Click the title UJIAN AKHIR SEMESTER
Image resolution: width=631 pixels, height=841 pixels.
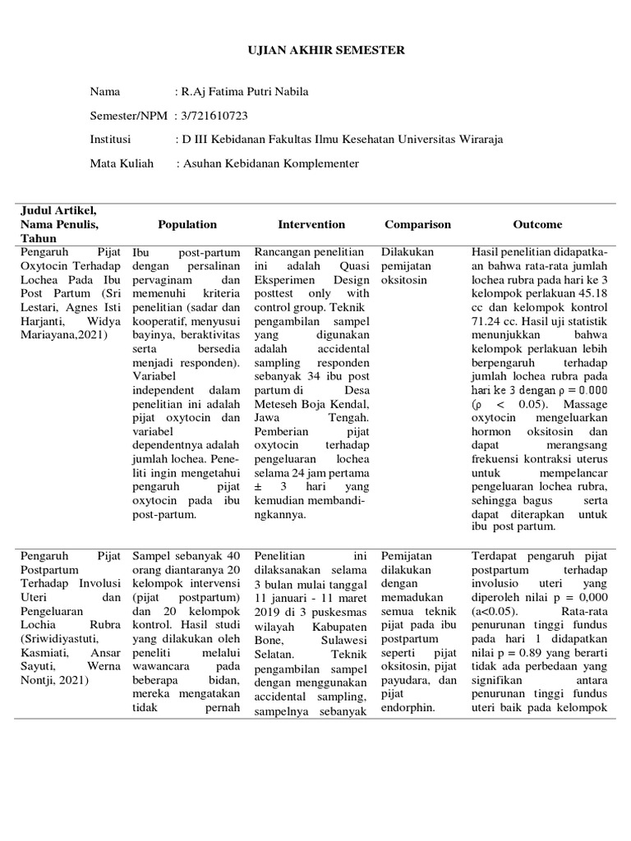tap(315, 50)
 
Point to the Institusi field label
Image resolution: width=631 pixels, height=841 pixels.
tap(110, 140)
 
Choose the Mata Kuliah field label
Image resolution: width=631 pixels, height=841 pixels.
tap(122, 163)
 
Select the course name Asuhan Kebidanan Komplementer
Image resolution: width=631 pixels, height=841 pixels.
tap(270, 163)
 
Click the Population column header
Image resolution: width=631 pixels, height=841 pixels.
tap(187, 224)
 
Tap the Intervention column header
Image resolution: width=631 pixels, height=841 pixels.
tap(311, 224)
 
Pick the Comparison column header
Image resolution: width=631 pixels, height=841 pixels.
tap(417, 224)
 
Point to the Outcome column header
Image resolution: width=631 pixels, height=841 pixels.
tap(537, 224)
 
